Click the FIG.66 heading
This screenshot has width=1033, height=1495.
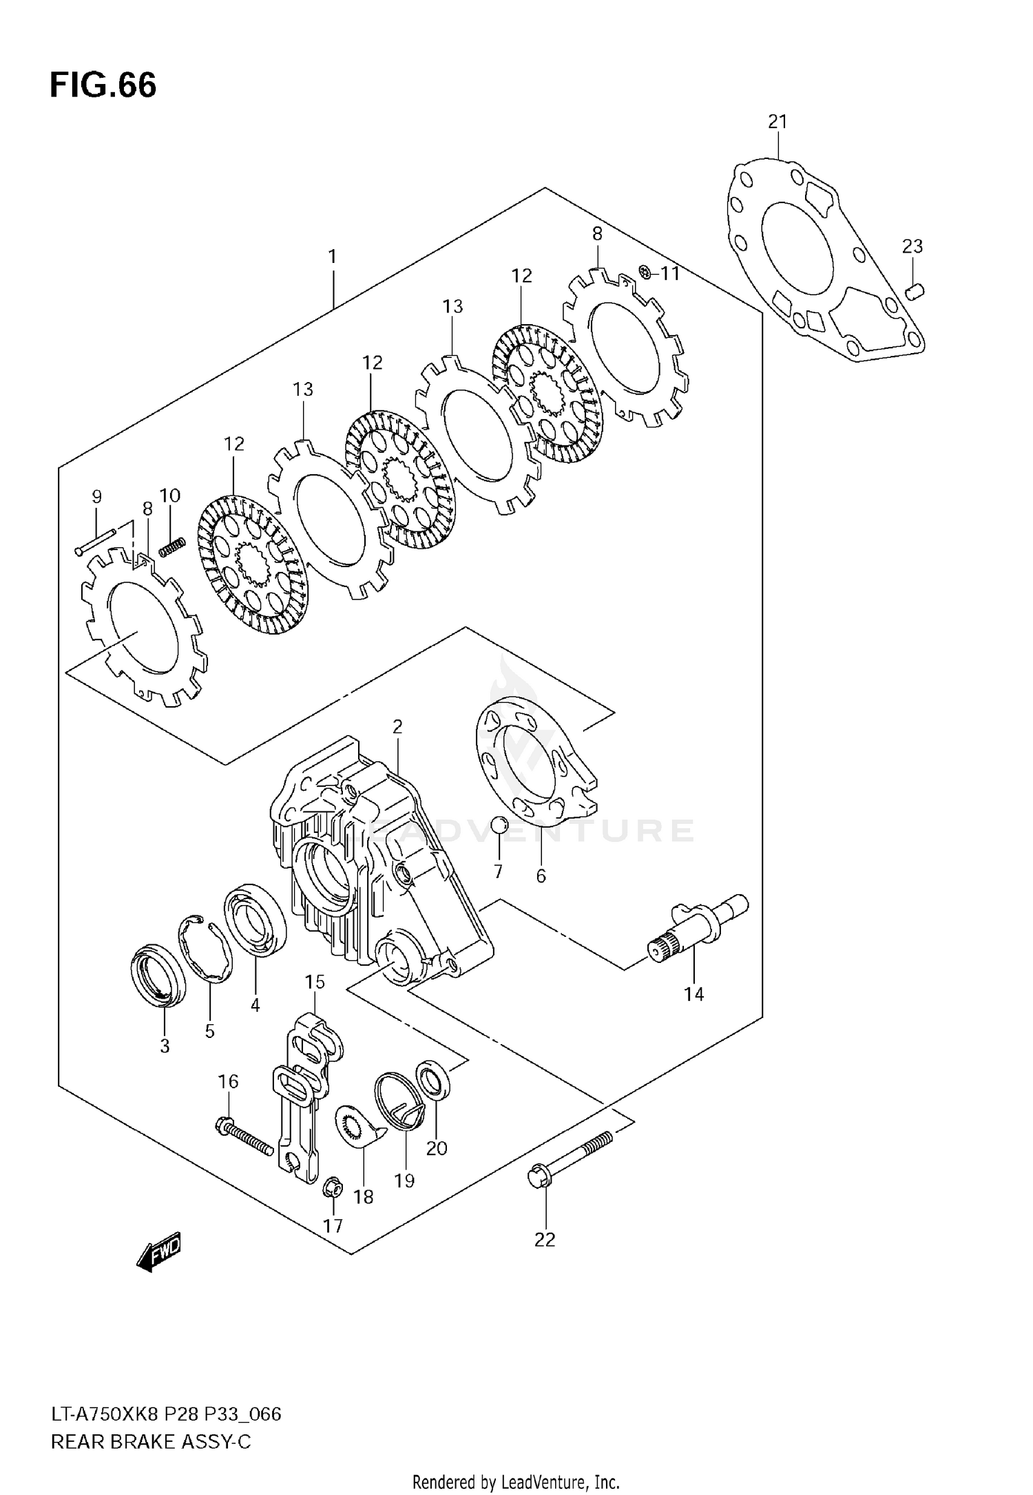coord(103,86)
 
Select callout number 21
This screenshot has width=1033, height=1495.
coord(777,122)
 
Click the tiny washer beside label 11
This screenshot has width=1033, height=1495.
coord(645,273)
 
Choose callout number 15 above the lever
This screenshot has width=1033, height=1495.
coord(315,982)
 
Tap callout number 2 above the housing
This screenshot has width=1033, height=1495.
coord(397,727)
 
